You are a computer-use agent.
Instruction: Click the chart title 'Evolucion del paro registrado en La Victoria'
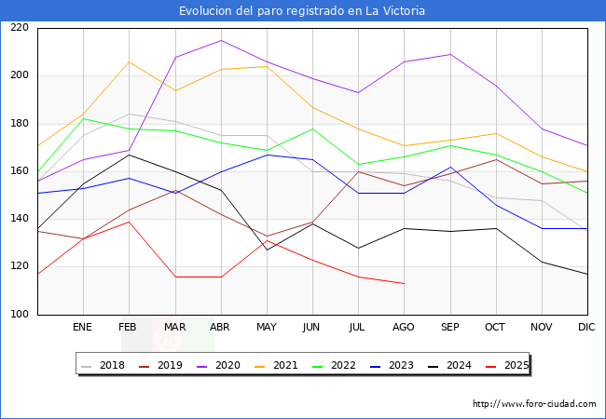[x=303, y=11]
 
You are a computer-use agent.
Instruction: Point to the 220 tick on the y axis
[x=19, y=28]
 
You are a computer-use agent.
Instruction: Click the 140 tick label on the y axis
[x=19, y=219]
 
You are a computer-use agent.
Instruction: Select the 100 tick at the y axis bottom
[x=19, y=315]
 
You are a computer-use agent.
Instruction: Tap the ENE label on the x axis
[x=83, y=328]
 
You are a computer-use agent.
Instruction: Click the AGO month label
[x=404, y=328]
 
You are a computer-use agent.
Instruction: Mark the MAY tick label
[x=267, y=328]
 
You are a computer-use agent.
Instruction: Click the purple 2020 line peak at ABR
[x=221, y=40]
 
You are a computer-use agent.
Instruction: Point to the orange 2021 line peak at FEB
[x=129, y=61]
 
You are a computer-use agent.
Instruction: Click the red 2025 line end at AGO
[x=404, y=283]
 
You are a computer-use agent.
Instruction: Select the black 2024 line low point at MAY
[x=267, y=250]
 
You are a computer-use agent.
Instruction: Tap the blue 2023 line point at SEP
[x=450, y=167]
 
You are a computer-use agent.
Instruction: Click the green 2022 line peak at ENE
[x=83, y=118]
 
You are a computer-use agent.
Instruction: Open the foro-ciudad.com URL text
[x=534, y=404]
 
